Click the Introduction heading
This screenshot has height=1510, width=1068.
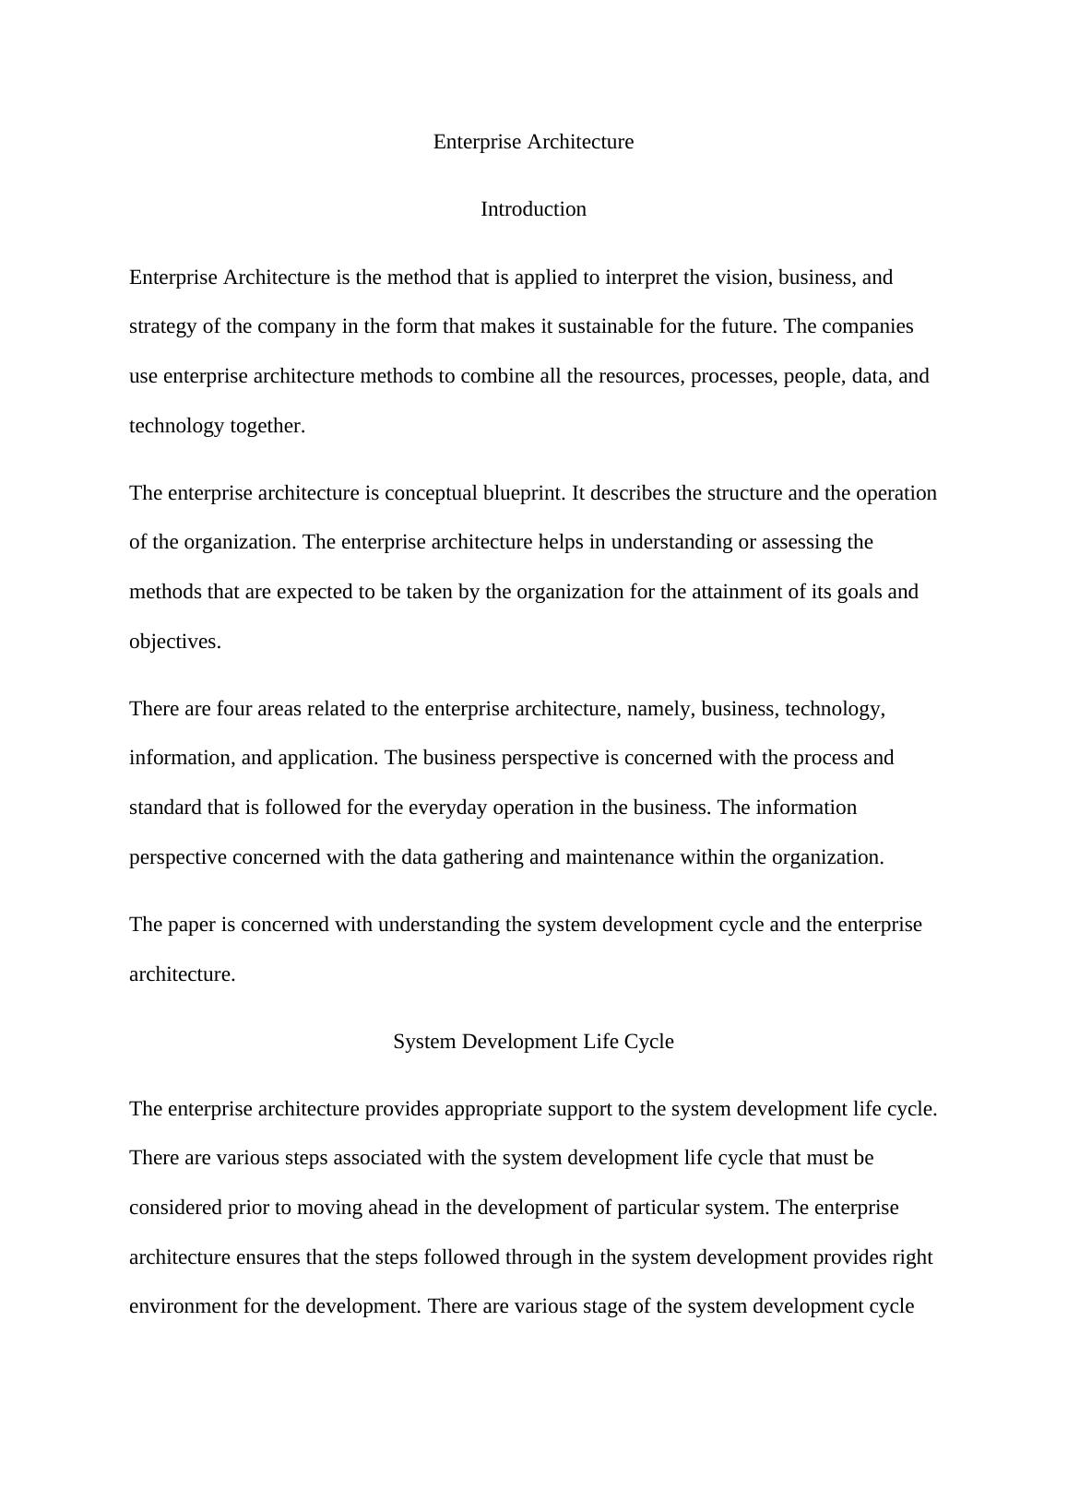tap(533, 209)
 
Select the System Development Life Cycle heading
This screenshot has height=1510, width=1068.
tap(533, 1041)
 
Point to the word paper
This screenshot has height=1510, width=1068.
tap(190, 925)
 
